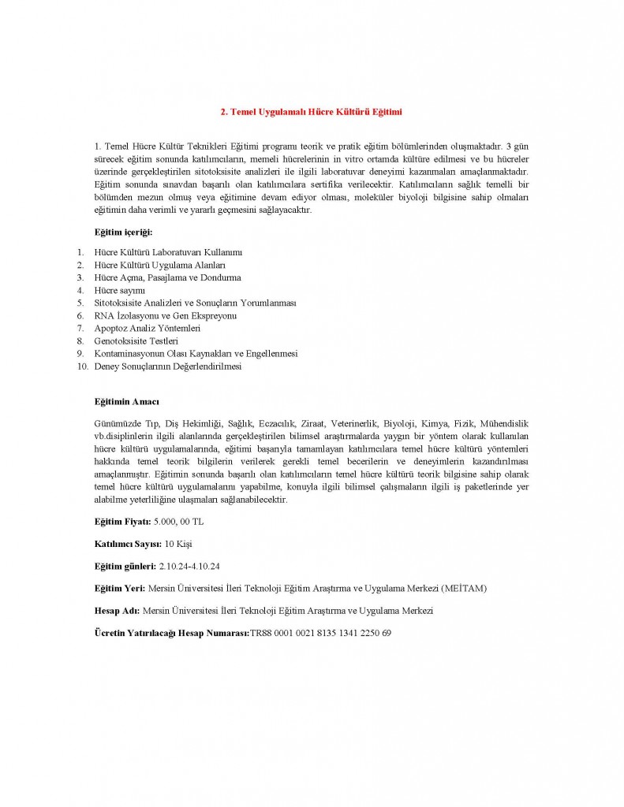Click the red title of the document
click(x=311, y=112)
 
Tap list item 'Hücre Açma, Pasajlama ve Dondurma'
click(x=167, y=277)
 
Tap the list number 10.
click(x=81, y=366)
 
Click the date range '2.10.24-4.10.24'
click(x=190, y=567)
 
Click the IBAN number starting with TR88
click(x=321, y=633)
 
